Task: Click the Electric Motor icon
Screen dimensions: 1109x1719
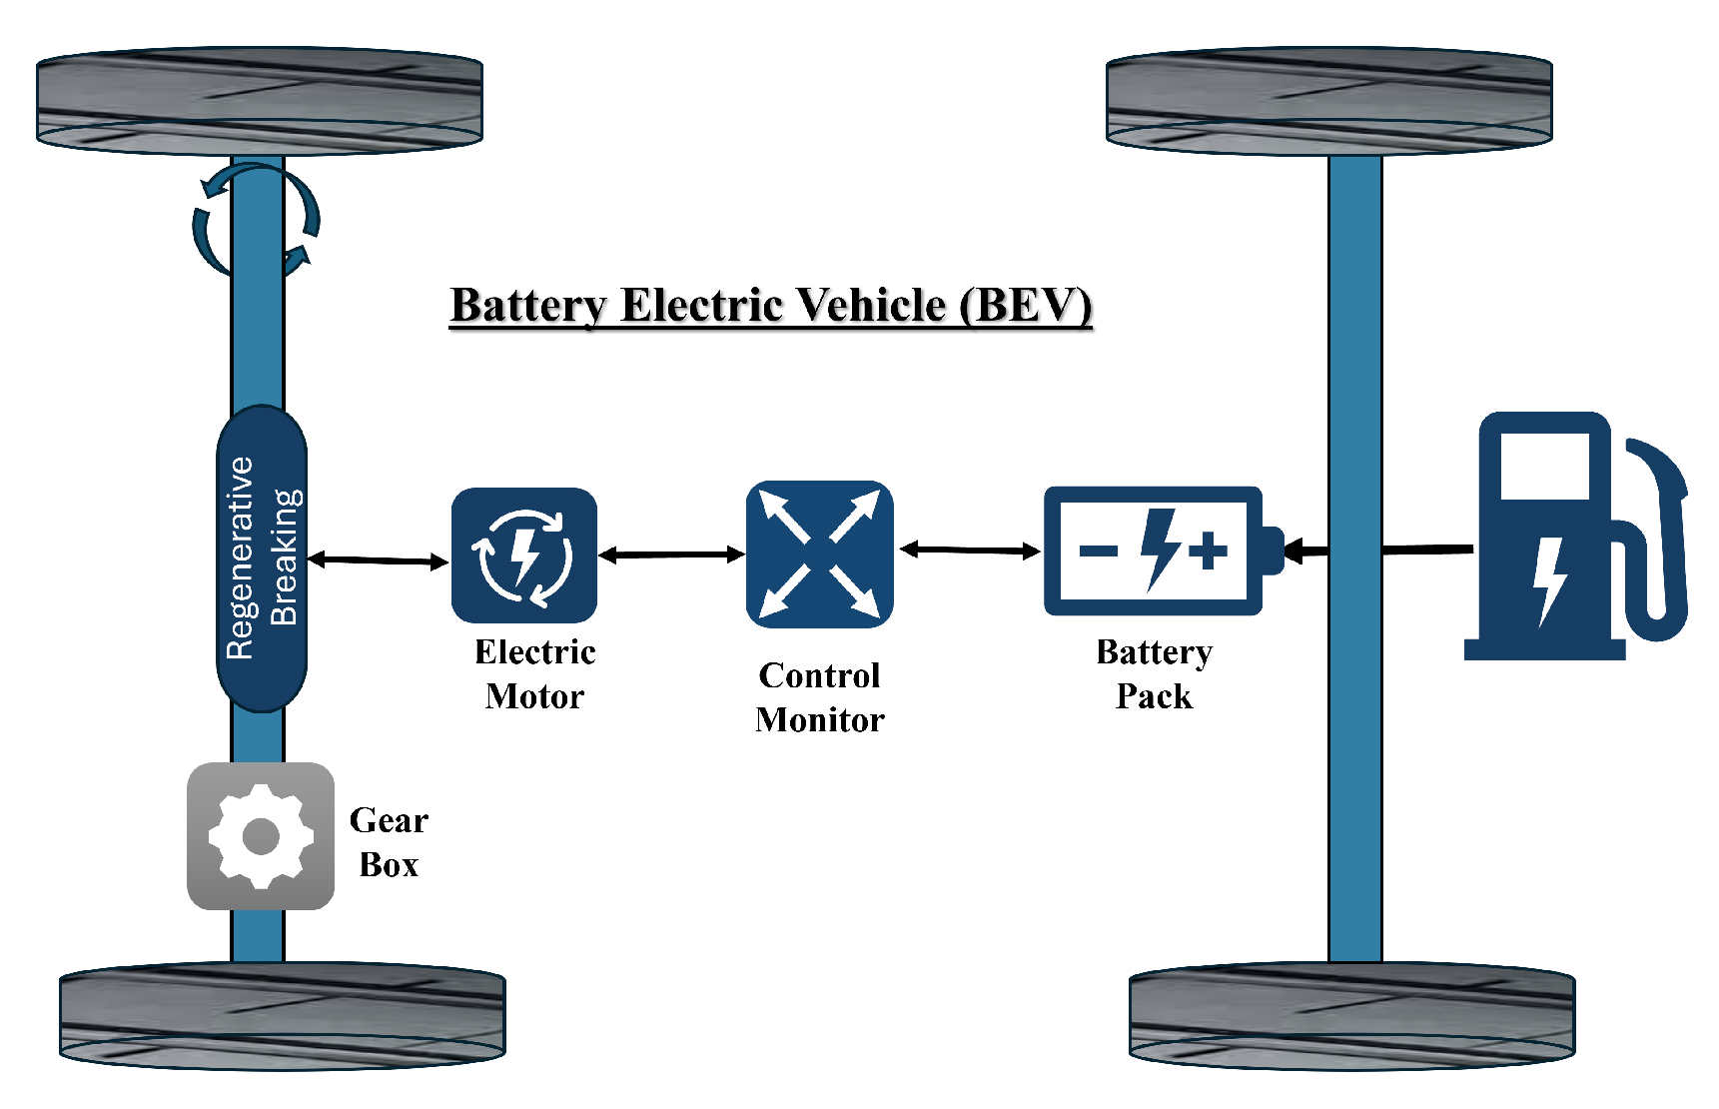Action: click(524, 555)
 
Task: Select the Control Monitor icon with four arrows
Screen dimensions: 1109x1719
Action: click(819, 554)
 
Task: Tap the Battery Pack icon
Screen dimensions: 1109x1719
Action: click(1154, 551)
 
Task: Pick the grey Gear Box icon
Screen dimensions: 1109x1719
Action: click(261, 836)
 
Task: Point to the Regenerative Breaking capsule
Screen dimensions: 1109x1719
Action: click(262, 558)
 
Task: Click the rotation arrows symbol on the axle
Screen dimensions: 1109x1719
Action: click(257, 221)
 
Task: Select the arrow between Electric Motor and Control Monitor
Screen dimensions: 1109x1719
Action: click(671, 554)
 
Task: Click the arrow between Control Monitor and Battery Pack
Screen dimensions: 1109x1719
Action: click(969, 550)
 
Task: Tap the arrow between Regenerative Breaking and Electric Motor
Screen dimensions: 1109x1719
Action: click(378, 560)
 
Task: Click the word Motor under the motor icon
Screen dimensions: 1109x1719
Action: click(534, 696)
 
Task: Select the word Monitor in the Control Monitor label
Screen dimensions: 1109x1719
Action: click(820, 719)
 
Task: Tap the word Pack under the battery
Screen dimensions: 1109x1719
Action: click(1154, 696)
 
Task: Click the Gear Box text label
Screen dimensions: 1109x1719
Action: click(389, 842)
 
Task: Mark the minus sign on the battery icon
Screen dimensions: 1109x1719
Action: click(1099, 551)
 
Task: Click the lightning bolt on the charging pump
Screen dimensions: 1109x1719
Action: click(1549, 579)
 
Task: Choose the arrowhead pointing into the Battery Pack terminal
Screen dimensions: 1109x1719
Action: click(1293, 551)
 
